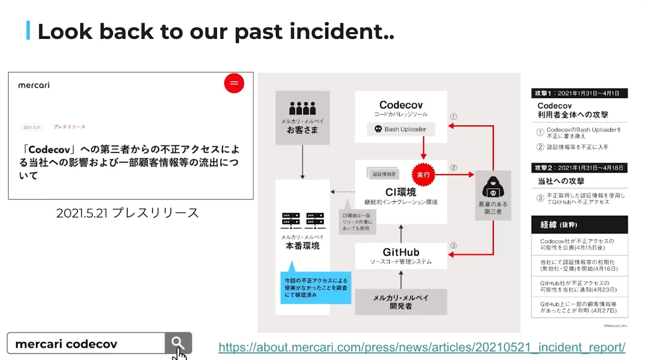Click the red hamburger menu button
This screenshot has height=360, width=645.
234,83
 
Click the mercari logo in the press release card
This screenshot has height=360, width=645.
34,85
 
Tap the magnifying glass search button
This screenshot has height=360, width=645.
178,344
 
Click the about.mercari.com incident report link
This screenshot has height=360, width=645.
422,347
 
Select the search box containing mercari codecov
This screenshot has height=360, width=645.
86,344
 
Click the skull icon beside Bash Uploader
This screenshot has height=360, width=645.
378,129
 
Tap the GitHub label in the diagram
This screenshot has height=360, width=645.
400,252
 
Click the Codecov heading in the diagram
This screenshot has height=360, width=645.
400,105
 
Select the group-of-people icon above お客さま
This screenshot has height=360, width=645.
302,108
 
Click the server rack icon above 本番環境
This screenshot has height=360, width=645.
302,221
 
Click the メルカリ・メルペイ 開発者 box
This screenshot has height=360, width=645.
400,302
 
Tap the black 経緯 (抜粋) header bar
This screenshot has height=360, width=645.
579,225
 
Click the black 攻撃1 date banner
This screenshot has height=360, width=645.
579,93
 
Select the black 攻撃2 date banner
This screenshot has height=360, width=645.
579,168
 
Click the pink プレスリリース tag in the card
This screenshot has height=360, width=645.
69,127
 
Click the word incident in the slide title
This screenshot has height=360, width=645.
336,32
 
